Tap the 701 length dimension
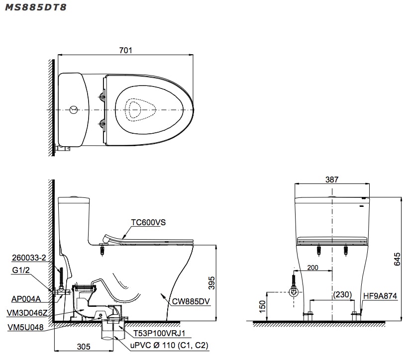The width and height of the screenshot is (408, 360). tap(125, 50)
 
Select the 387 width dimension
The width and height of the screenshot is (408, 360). tap(332, 180)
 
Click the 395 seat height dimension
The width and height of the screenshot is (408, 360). tap(211, 283)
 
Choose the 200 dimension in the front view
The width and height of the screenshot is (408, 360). tap(312, 268)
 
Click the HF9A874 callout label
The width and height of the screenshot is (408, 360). tap(380, 296)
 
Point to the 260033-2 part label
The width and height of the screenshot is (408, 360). tap(28, 258)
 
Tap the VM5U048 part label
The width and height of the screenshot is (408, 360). tap(26, 328)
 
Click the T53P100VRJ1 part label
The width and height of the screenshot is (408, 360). tap(155, 333)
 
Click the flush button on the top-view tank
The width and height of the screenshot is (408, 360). tap(73, 109)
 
